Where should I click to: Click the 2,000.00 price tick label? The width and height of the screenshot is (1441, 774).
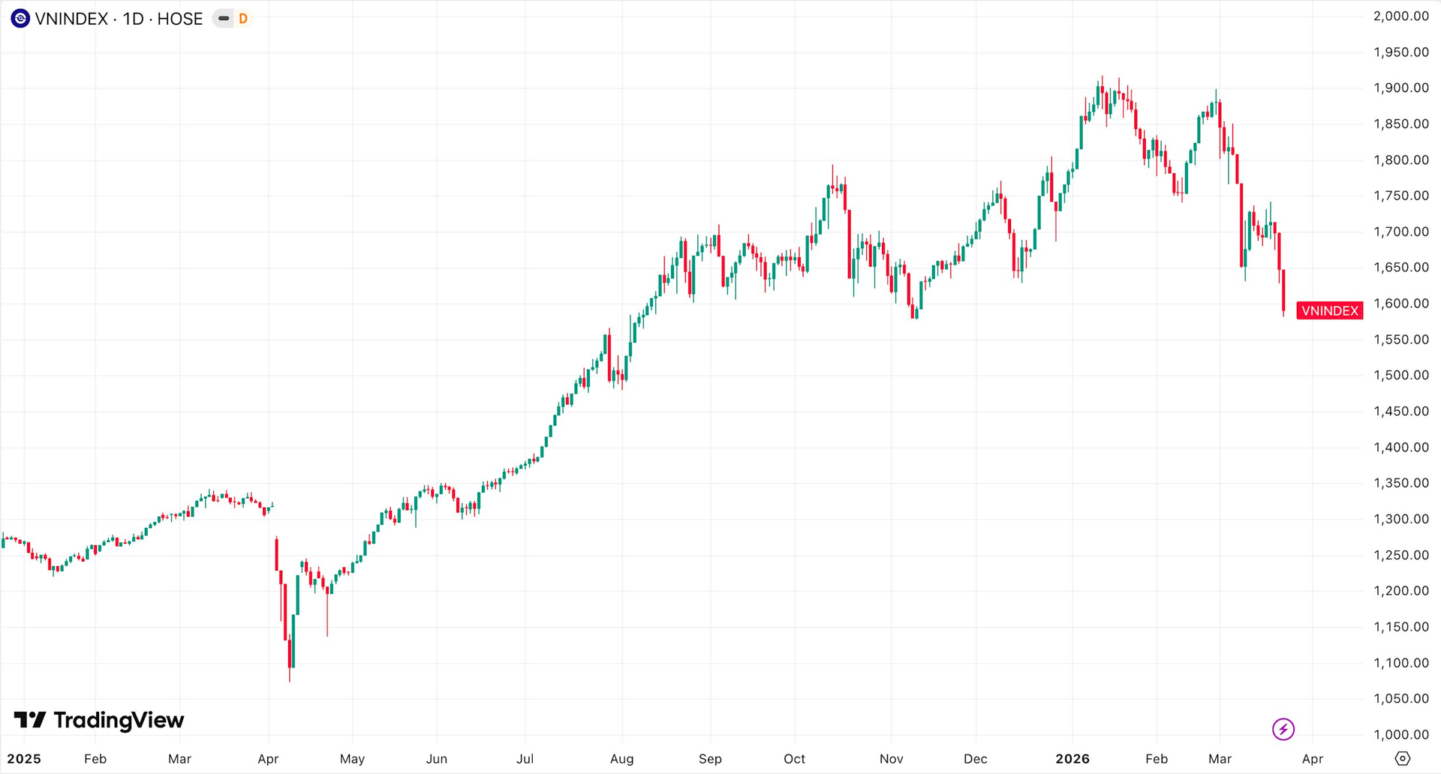point(1400,16)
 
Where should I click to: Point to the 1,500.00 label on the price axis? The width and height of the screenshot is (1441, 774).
point(1400,375)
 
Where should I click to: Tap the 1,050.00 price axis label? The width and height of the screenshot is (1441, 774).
point(1400,698)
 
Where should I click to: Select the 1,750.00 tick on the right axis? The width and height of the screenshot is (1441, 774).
point(1400,196)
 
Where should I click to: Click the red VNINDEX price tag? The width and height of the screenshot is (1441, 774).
point(1329,310)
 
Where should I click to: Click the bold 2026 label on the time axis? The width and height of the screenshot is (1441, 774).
point(1072,759)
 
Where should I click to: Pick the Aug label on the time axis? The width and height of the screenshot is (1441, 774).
point(621,759)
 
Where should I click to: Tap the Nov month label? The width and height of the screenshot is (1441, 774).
point(891,759)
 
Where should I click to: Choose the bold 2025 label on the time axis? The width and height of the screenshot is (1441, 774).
point(24,759)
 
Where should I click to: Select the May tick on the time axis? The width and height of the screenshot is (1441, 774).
point(352,759)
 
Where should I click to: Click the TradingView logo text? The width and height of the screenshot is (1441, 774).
point(119,721)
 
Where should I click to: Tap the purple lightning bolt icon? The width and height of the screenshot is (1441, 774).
point(1283,728)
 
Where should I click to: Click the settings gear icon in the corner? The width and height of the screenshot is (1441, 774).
point(1402,758)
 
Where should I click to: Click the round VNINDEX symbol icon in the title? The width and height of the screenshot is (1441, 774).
point(20,19)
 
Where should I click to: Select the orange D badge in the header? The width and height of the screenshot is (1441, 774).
point(243,19)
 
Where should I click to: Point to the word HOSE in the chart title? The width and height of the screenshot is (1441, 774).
point(179,19)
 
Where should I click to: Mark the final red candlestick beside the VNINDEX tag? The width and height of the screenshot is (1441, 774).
point(1283,291)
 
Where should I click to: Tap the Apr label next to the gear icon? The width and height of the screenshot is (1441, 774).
point(1312,759)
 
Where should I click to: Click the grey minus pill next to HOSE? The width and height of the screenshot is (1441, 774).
point(224,19)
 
